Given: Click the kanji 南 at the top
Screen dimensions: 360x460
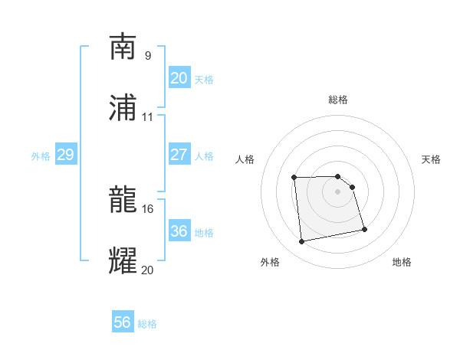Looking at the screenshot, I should pyautogui.click(x=123, y=47).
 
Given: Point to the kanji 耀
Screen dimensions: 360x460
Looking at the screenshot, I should pyautogui.click(x=123, y=261).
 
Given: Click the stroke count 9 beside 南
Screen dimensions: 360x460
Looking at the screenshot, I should pyautogui.click(x=147, y=55).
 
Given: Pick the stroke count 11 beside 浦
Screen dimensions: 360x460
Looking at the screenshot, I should pyautogui.click(x=147, y=116).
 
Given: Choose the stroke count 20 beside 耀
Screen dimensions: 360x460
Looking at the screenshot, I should pyautogui.click(x=147, y=269).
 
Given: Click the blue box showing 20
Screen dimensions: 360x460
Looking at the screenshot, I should pyautogui.click(x=179, y=77).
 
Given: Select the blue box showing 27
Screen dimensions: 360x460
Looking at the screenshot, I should pyautogui.click(x=179, y=154).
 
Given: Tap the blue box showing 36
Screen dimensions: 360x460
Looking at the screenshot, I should pyautogui.click(x=179, y=231).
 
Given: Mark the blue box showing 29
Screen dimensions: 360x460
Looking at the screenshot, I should pyautogui.click(x=65, y=155).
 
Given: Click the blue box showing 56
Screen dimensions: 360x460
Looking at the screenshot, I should pyautogui.click(x=123, y=322).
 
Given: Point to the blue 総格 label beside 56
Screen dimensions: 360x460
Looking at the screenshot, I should pyautogui.click(x=147, y=324).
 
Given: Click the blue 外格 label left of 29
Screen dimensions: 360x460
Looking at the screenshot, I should pyautogui.click(x=41, y=156).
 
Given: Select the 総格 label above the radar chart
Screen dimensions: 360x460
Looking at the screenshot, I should pyautogui.click(x=338, y=100).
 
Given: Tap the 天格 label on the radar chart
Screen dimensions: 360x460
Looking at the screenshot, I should pyautogui.click(x=432, y=159).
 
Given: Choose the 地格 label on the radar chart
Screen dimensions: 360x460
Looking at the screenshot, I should pyautogui.click(x=402, y=262).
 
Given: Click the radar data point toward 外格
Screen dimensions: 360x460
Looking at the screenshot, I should pyautogui.click(x=302, y=242).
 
